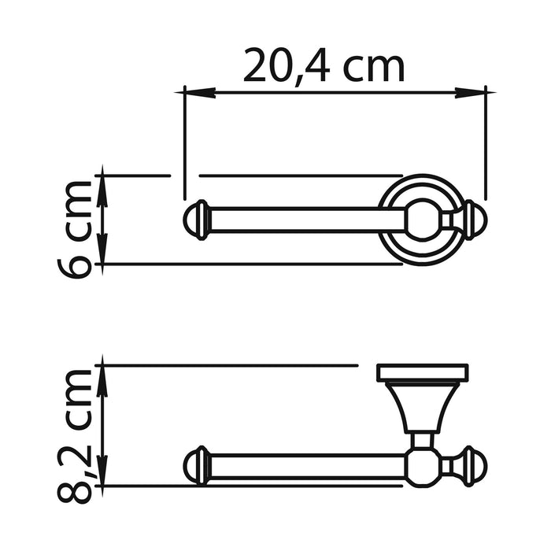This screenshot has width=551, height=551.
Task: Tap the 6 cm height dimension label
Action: (76, 228)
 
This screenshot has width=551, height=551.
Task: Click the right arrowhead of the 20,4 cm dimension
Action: (483, 92)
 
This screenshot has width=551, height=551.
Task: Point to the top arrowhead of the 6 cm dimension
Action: (103, 179)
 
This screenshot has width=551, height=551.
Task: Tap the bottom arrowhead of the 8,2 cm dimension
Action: (103, 482)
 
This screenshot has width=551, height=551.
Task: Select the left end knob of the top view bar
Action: (197, 220)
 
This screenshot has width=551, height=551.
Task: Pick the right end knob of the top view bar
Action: (472, 220)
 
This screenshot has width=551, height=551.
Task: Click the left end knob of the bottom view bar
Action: (197, 466)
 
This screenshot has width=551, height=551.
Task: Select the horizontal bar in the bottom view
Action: (307, 466)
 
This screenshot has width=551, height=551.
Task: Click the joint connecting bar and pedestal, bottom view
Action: (423, 464)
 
